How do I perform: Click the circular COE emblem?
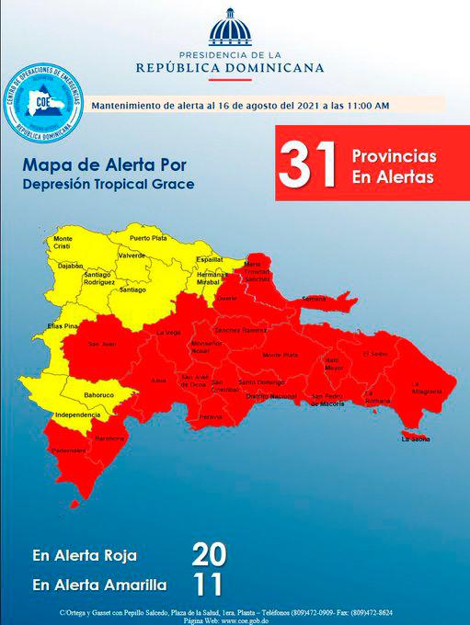(43, 103)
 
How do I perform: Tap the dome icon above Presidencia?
(229, 28)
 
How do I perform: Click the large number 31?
(305, 165)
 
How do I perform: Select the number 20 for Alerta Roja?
(208, 554)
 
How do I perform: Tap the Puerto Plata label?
(149, 238)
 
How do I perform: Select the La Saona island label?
(416, 439)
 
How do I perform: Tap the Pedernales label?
(67, 450)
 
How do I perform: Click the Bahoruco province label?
(97, 395)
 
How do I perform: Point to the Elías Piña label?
(63, 326)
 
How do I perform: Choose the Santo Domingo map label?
(260, 381)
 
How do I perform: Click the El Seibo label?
(373, 353)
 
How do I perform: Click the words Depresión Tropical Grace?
(109, 185)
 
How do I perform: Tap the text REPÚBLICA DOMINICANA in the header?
(229, 67)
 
